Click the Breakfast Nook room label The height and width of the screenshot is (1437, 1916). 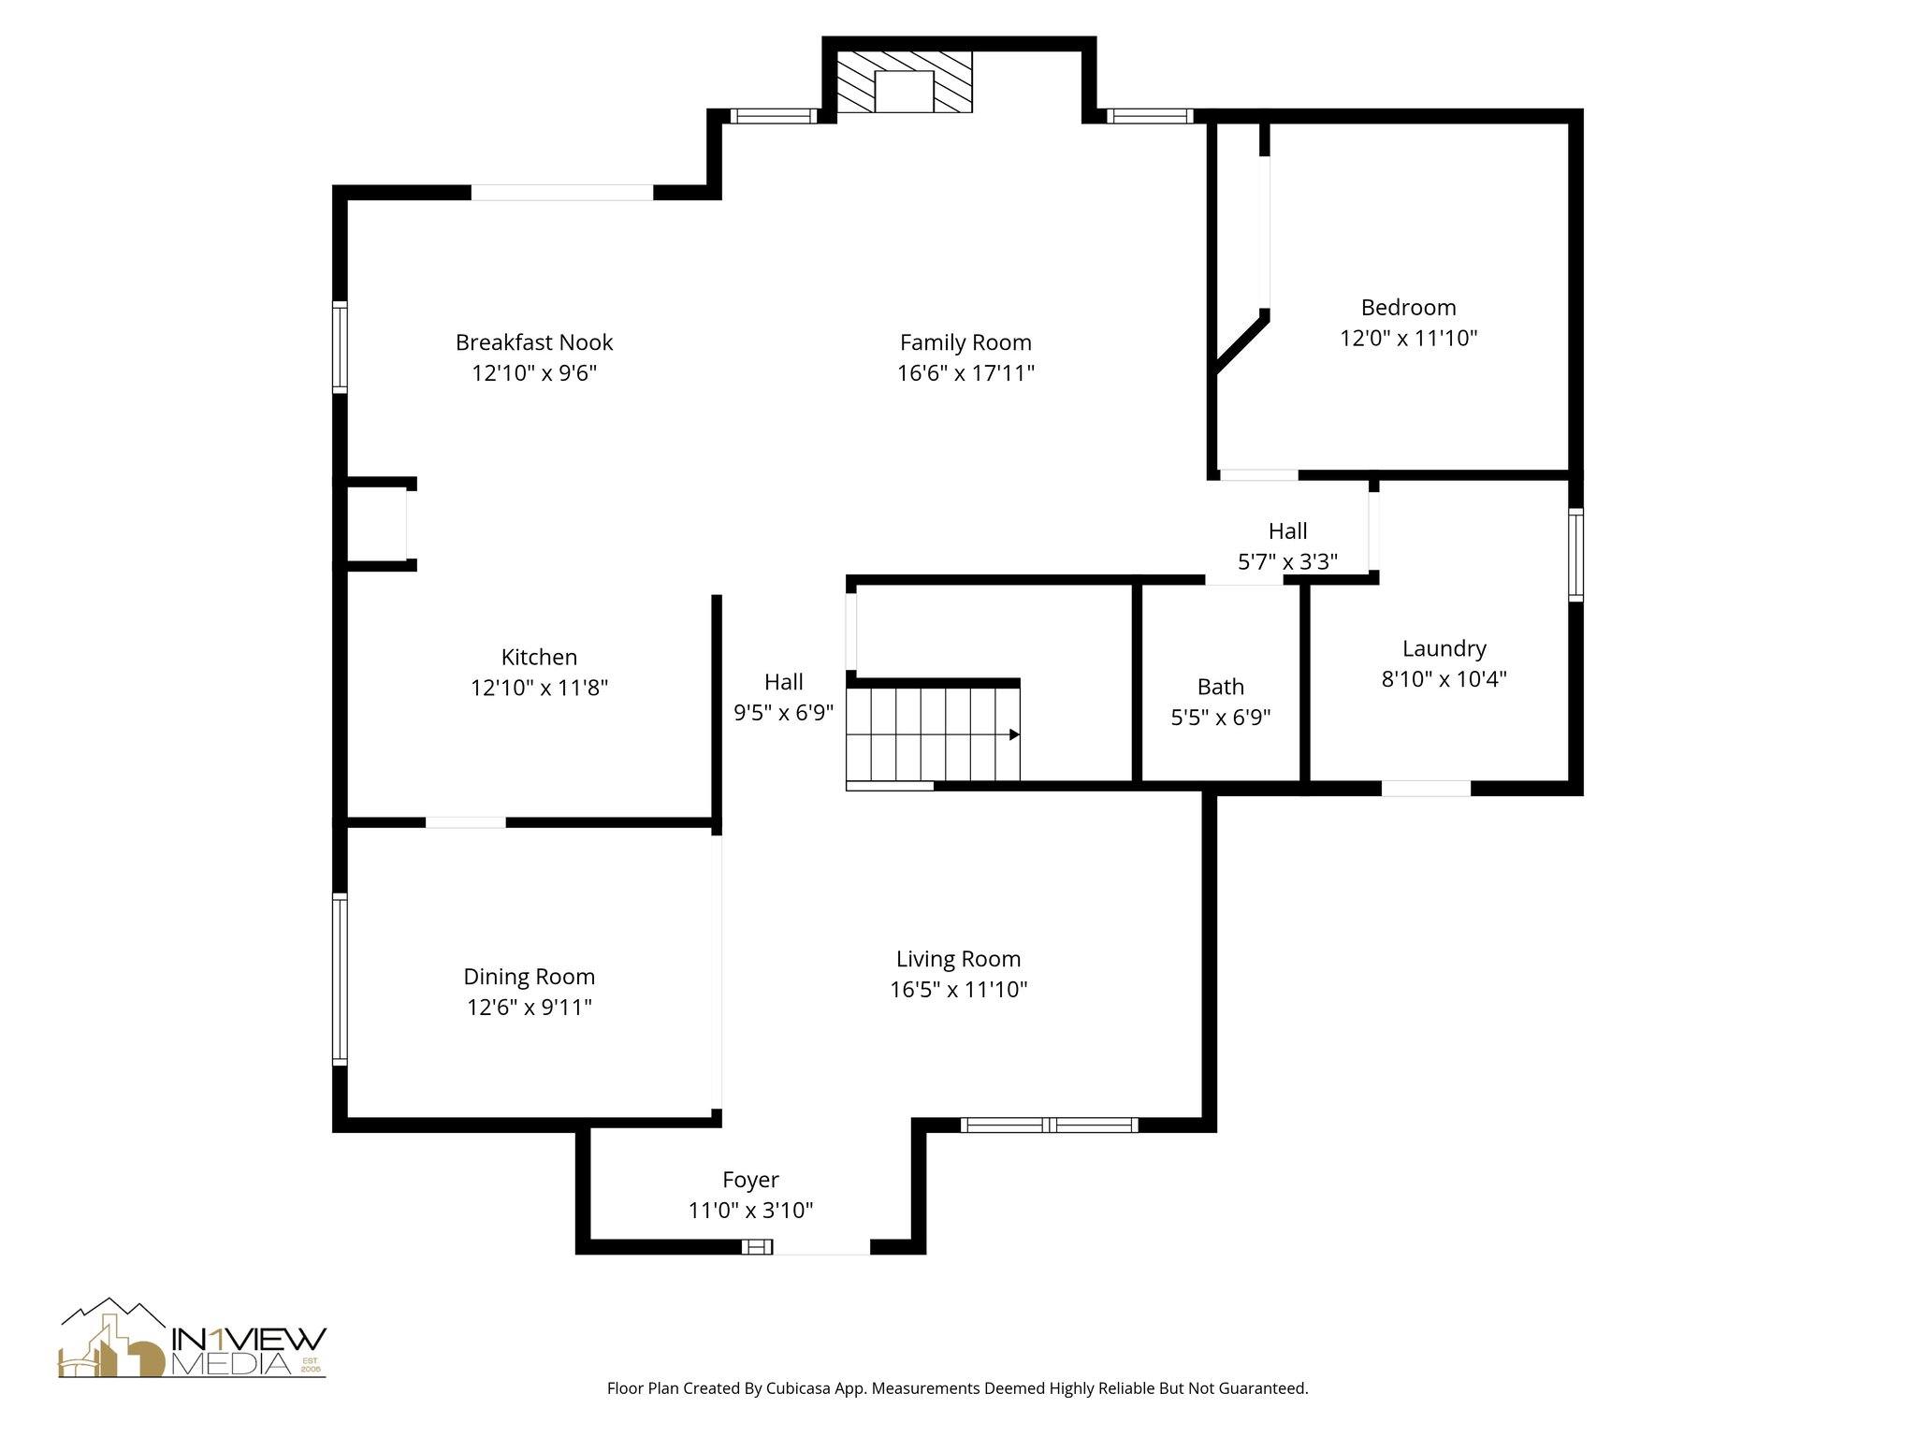point(534,342)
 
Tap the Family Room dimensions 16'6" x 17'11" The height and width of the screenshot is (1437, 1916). point(965,373)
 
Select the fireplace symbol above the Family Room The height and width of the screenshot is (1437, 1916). point(904,81)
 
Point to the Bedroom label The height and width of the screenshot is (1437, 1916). point(1408,308)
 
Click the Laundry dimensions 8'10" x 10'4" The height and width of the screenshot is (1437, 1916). point(1444,679)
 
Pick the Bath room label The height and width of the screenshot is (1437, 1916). point(1221,687)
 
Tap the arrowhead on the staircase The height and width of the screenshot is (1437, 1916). point(1014,734)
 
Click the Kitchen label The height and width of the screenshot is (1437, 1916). point(539,657)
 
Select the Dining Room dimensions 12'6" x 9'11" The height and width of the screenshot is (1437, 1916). point(530,1008)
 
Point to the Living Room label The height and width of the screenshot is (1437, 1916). point(958,959)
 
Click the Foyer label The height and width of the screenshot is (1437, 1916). point(750,1180)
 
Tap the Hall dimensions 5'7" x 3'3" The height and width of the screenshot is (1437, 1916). point(1287,562)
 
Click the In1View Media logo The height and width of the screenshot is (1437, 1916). point(193,1338)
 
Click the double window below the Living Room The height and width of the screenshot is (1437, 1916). point(1050,1125)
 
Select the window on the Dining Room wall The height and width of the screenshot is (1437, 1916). point(341,979)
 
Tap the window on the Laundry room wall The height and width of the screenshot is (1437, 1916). point(1575,554)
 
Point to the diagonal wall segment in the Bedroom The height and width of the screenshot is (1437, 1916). point(1241,343)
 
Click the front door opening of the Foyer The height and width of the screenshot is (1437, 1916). point(821,1246)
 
